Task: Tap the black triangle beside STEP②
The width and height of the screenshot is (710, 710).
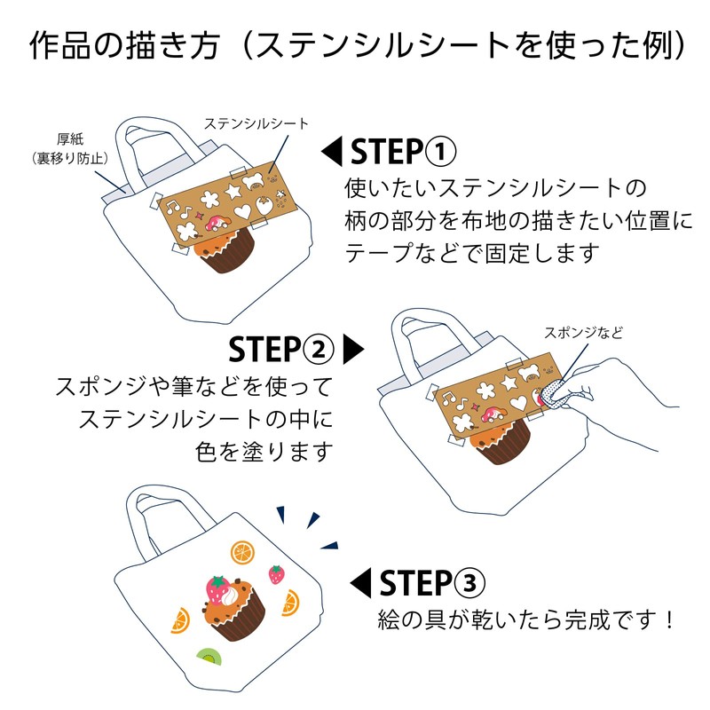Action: [353, 349]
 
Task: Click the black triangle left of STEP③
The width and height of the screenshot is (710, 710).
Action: [359, 583]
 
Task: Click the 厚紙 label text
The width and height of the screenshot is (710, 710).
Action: [69, 139]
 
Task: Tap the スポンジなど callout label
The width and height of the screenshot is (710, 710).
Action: [583, 333]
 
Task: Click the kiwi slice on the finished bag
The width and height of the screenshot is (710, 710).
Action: [209, 658]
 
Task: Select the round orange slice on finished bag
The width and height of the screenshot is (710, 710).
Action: [242, 552]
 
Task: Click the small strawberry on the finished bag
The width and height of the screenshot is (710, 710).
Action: [277, 574]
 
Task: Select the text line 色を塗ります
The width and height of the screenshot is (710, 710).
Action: [264, 451]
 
